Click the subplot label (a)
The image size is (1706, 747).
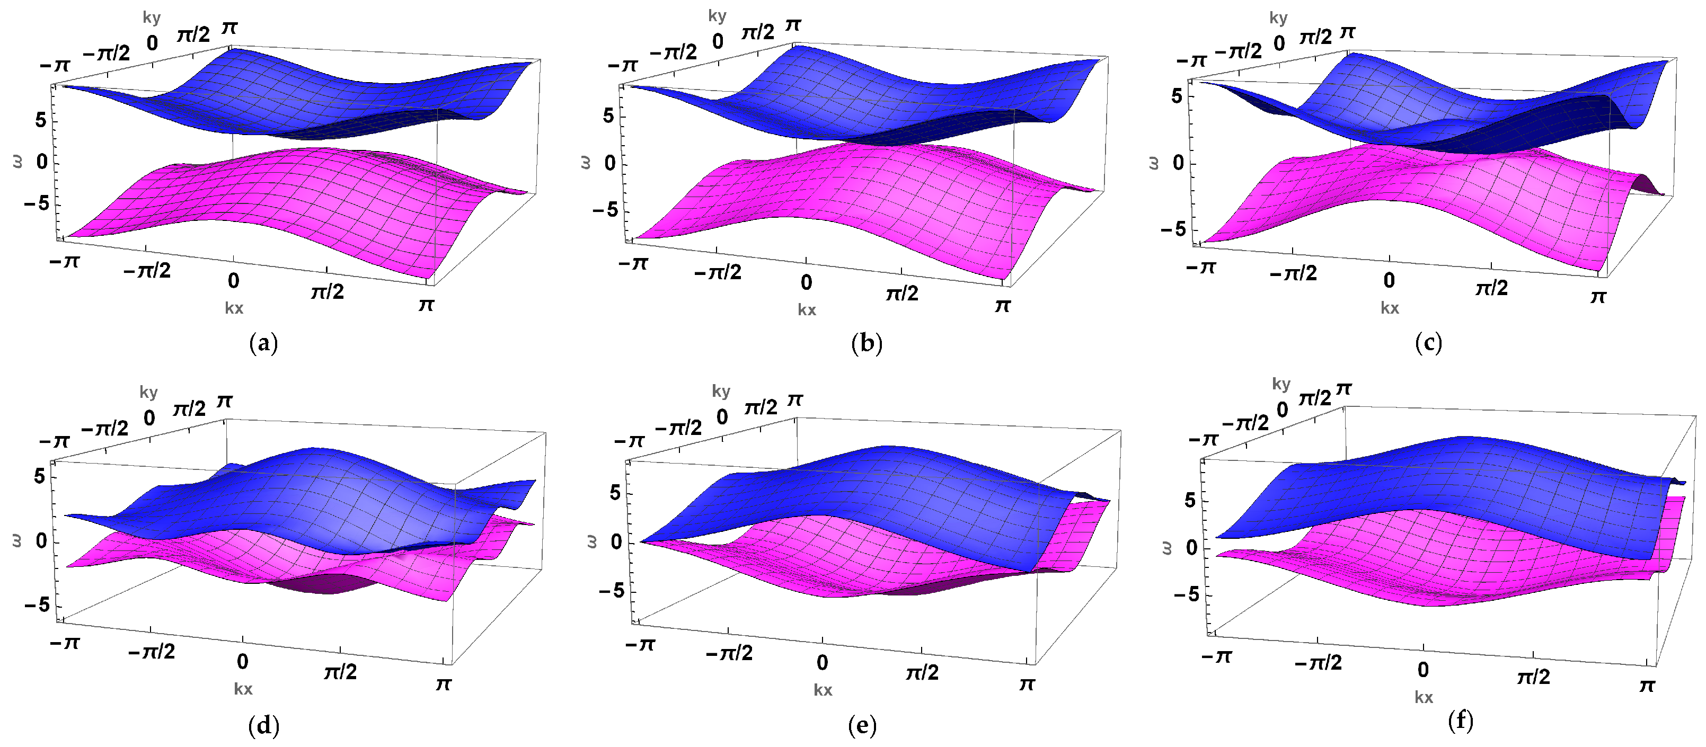pyautogui.click(x=263, y=343)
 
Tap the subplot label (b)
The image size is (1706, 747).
pyautogui.click(x=867, y=343)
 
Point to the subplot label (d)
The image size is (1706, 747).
pyautogui.click(x=263, y=726)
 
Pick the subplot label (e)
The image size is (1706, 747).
pyautogui.click(x=862, y=726)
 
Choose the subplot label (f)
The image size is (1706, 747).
pyautogui.click(x=1461, y=721)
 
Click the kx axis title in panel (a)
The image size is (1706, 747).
pyautogui.click(x=234, y=308)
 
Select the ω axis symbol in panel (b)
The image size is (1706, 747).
pyautogui.click(x=586, y=163)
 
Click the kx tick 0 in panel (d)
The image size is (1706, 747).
pyautogui.click(x=242, y=661)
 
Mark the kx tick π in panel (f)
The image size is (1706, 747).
pyautogui.click(x=1647, y=686)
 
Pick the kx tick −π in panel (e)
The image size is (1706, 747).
pyautogui.click(x=640, y=644)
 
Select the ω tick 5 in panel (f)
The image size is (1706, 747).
pyautogui.click(x=1190, y=501)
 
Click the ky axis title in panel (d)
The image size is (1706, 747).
pyautogui.click(x=148, y=392)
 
